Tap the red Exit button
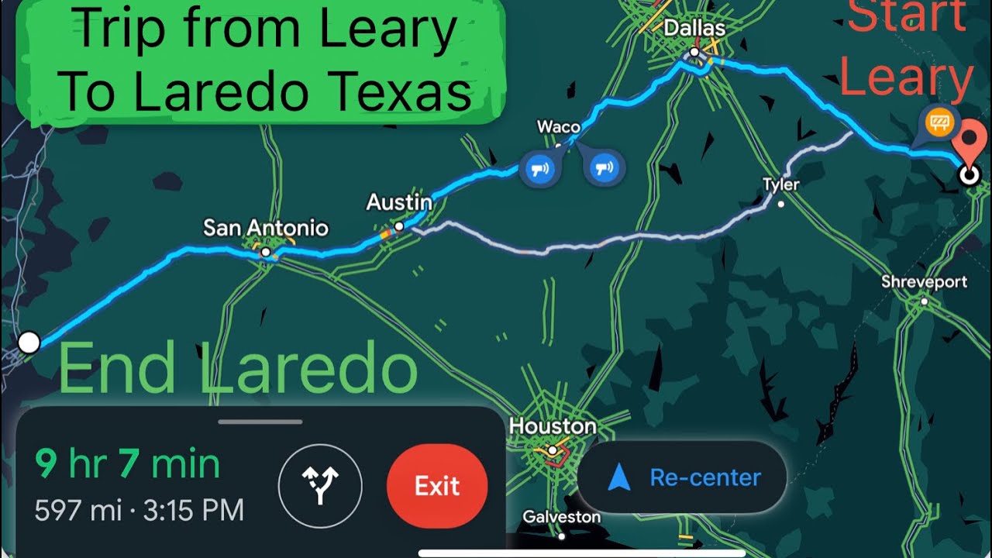coord(437,486)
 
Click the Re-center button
coord(682,477)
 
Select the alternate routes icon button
coord(320,486)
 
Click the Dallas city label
coord(694,29)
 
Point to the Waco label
coord(558,126)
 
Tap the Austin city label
coord(399,202)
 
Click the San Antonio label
coord(266,228)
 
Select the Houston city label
coord(553,426)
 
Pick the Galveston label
coord(562,516)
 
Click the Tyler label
coord(780,185)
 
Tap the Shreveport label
coord(924,282)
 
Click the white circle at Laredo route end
coord(29,343)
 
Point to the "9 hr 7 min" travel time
coord(128,464)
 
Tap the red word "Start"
coord(907,17)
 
